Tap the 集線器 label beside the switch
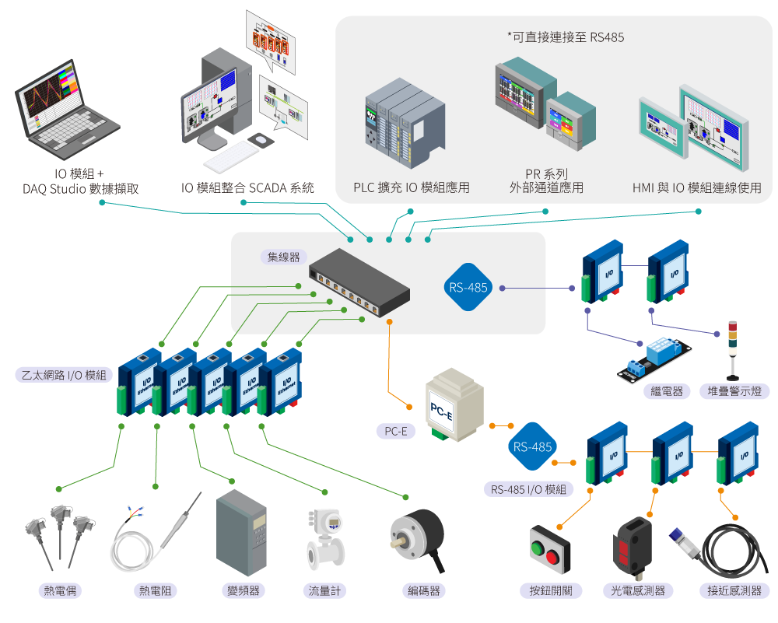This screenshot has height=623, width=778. (284, 257)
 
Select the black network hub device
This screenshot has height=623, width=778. (359, 282)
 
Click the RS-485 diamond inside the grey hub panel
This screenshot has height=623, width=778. (468, 287)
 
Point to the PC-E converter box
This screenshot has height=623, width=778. (454, 404)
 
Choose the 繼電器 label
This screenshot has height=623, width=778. (667, 391)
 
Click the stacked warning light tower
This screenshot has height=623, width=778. (732, 350)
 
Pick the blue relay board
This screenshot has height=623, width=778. (654, 359)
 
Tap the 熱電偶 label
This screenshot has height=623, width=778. (60, 590)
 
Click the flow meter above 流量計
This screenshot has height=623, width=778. (325, 539)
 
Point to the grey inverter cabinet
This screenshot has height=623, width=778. (242, 533)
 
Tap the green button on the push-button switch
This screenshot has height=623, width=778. (537, 548)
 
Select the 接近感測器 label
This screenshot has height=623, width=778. (734, 590)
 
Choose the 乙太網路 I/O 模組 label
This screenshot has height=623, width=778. (64, 375)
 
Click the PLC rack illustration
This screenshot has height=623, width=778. (405, 123)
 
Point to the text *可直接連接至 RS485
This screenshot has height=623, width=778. (566, 37)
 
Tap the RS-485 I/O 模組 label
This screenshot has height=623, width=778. (528, 489)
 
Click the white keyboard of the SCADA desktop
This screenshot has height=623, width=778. (231, 156)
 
